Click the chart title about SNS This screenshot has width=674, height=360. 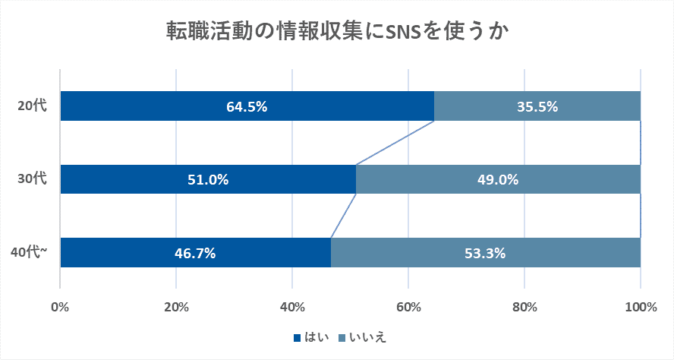point(337,32)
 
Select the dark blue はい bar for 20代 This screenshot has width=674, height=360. point(152,106)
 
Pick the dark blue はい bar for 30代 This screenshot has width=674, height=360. point(137,180)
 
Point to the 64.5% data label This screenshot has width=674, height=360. point(247,107)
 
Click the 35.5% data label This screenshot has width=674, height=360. point(537,107)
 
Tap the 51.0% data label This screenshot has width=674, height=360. point(208,180)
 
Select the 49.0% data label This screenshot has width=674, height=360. point(498,180)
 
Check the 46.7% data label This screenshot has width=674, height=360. point(195,253)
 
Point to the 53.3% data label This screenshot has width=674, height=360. point(486,253)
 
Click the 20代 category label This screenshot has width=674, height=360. point(33,106)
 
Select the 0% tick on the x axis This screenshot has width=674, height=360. point(60,308)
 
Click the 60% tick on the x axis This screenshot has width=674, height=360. point(408,308)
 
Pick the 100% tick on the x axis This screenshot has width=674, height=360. point(641,308)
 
